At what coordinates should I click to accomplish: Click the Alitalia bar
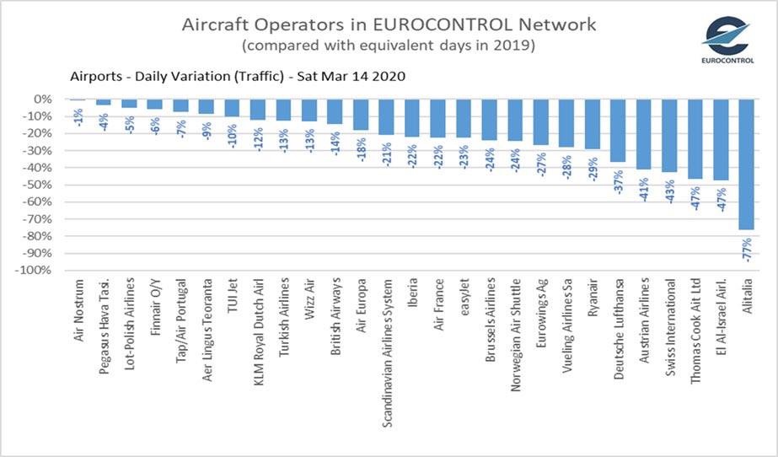(x=746, y=164)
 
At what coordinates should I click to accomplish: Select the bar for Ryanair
(x=593, y=124)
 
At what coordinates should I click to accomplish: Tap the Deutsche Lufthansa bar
(x=619, y=131)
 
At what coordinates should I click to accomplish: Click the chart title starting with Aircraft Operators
(x=389, y=24)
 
